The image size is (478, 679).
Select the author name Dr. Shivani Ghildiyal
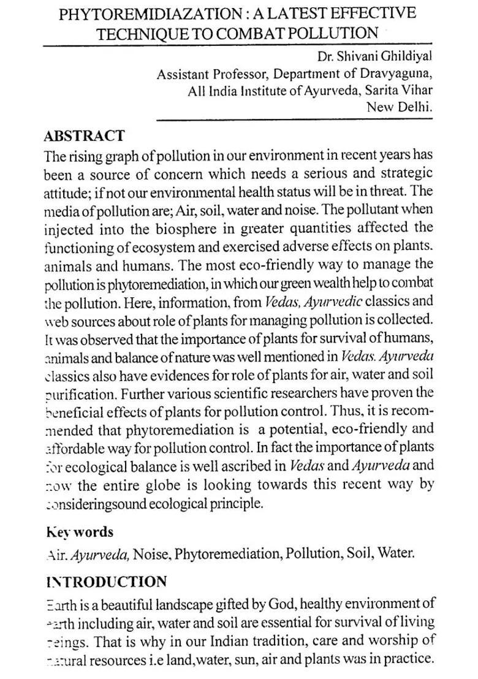click(375, 57)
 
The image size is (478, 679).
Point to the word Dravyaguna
click(398, 75)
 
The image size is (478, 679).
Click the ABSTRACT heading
click(84, 136)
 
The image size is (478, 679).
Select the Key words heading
click(79, 532)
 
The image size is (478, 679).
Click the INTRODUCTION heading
click(106, 582)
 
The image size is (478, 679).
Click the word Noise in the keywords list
click(151, 553)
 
